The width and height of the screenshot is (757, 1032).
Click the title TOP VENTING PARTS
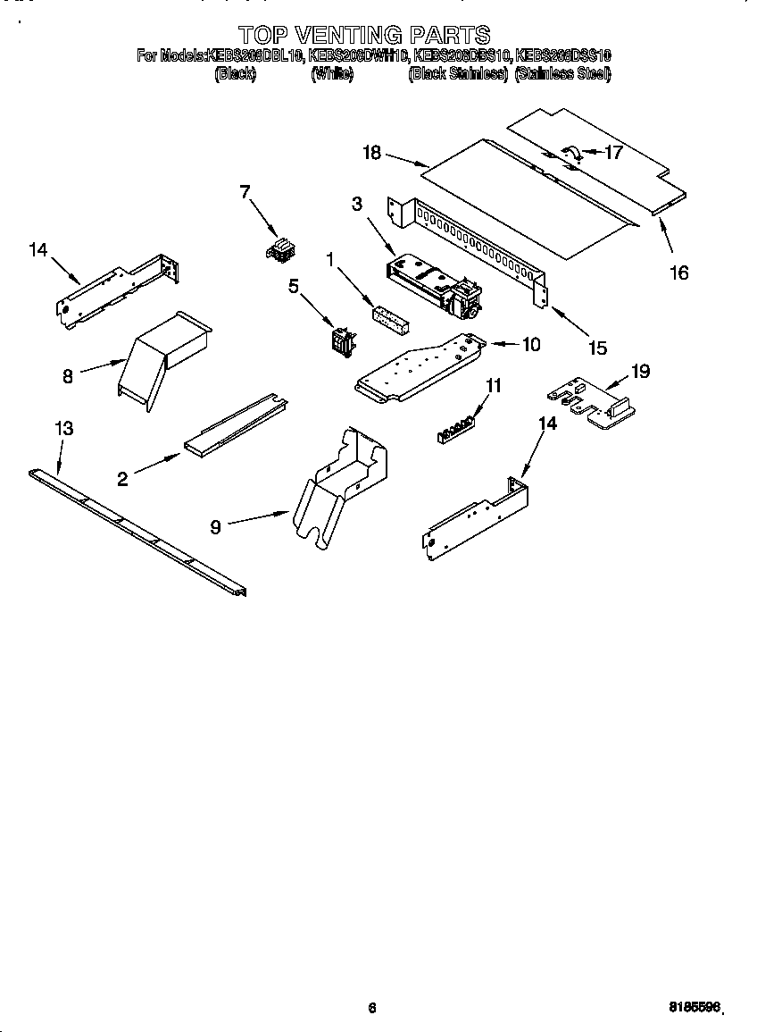tap(364, 35)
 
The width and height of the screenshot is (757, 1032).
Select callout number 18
tap(372, 153)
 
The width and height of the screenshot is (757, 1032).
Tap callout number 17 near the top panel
tap(613, 152)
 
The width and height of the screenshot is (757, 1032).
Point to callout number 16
tap(679, 273)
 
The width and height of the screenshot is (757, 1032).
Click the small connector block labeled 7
tap(279, 249)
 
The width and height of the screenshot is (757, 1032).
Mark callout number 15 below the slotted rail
tap(595, 348)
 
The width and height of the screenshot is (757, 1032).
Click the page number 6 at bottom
tap(372, 1008)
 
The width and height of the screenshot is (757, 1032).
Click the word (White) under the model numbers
tap(332, 75)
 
